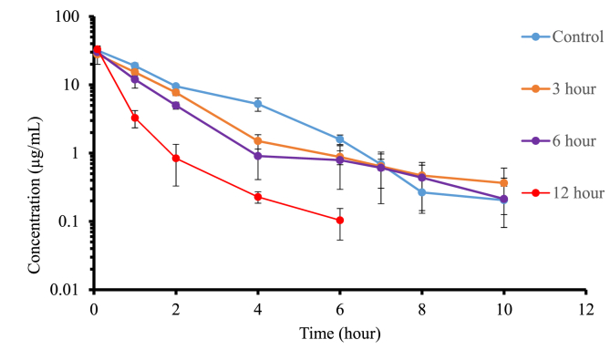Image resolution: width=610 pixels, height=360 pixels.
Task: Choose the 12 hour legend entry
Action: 561,193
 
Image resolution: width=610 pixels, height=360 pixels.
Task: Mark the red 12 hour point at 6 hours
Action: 340,220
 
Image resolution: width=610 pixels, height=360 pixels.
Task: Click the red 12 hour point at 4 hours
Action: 258,197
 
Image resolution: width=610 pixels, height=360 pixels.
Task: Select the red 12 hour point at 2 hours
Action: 176,159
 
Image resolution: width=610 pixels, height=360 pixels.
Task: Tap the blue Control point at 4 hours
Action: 258,104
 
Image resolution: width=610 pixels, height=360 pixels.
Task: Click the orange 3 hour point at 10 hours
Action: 503,183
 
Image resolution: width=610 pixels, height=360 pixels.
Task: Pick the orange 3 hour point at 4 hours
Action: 258,141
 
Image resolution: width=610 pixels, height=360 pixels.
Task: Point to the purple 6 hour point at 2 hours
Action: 176,106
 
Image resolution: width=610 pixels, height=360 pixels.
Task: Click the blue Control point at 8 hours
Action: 421,192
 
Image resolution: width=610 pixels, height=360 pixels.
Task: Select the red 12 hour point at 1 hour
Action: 135,118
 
